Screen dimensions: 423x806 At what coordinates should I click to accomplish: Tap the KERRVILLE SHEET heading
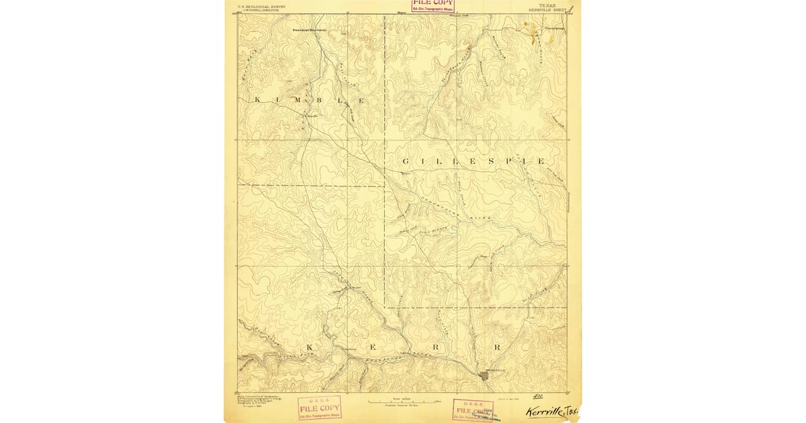[545, 10]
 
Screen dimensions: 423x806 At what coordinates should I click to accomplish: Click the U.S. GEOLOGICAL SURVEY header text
[262, 6]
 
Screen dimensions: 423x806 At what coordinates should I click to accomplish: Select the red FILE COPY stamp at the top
[433, 6]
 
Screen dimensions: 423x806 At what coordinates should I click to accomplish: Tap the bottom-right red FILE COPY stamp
[473, 410]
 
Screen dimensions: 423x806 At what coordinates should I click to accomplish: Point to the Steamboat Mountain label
[309, 30]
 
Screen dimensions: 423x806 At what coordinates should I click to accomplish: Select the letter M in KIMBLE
[300, 100]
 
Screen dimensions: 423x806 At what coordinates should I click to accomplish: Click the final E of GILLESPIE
[541, 162]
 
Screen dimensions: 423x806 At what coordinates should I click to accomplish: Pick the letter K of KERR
[310, 347]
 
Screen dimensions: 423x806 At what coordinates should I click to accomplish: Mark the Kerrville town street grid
[486, 376]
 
